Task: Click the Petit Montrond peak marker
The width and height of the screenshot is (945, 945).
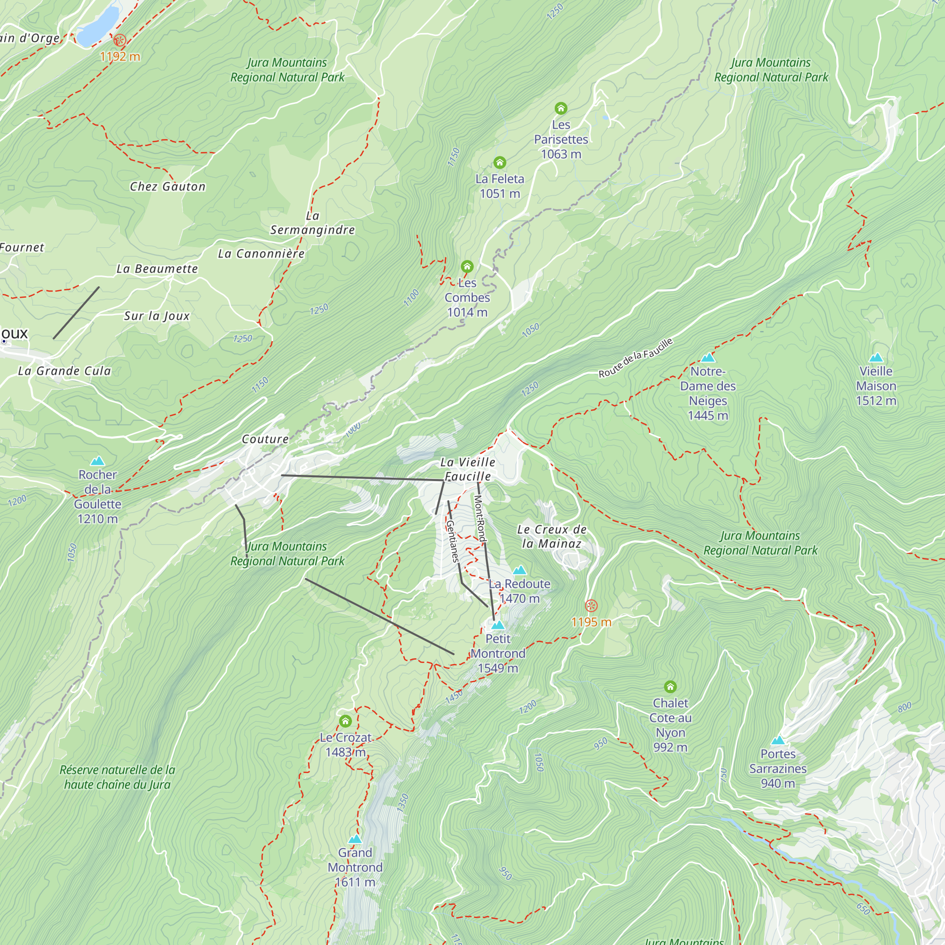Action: pyautogui.click(x=498, y=625)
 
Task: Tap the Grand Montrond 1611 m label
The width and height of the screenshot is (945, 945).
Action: pyautogui.click(x=355, y=867)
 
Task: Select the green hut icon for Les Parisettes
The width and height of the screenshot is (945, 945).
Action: pyautogui.click(x=560, y=108)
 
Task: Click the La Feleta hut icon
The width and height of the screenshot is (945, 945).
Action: pyautogui.click(x=499, y=163)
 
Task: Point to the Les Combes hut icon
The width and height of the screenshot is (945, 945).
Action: pyautogui.click(x=467, y=266)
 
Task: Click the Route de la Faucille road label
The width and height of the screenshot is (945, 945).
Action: pyautogui.click(x=636, y=358)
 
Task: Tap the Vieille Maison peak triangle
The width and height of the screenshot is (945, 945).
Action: pyautogui.click(x=876, y=358)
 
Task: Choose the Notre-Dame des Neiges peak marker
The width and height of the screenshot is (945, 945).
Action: pyautogui.click(x=708, y=358)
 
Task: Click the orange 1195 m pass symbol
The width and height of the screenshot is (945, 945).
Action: pyautogui.click(x=591, y=606)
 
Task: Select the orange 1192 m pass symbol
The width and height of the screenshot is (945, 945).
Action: pyautogui.click(x=120, y=40)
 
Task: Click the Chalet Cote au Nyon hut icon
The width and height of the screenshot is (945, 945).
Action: pyautogui.click(x=670, y=687)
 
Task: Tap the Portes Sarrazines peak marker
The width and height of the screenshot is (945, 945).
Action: pyautogui.click(x=778, y=740)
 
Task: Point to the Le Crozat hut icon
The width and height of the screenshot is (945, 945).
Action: pyautogui.click(x=345, y=721)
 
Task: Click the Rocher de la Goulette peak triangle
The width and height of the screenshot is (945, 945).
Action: pyautogui.click(x=98, y=461)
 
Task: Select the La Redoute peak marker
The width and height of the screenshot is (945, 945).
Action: pyautogui.click(x=519, y=570)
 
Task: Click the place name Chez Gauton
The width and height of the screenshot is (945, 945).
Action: pyautogui.click(x=168, y=186)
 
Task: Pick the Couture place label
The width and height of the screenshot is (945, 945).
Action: pyautogui.click(x=265, y=439)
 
